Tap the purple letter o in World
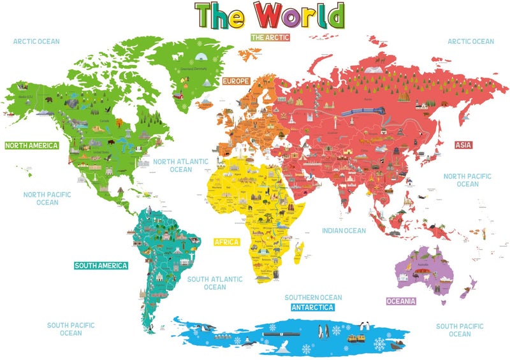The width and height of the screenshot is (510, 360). click(302, 17)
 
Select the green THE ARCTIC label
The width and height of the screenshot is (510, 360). click(270, 38)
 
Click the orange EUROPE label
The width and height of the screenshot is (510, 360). click(235, 82)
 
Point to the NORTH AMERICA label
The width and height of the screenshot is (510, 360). click(31, 145)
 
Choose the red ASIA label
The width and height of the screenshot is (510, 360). click(463, 145)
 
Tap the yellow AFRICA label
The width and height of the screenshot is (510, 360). click(226, 242)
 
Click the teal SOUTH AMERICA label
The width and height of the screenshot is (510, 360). click(101, 266)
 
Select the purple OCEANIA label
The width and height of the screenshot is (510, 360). click(401, 301)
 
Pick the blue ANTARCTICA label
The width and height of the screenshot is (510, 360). click(312, 307)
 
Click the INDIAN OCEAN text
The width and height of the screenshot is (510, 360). click(344, 231)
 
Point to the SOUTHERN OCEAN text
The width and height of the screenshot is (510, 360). click(313, 298)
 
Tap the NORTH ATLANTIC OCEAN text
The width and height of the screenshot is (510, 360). click(180, 166)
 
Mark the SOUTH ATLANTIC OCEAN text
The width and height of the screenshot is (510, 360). click(215, 283)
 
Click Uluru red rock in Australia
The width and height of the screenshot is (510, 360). click(423, 275)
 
